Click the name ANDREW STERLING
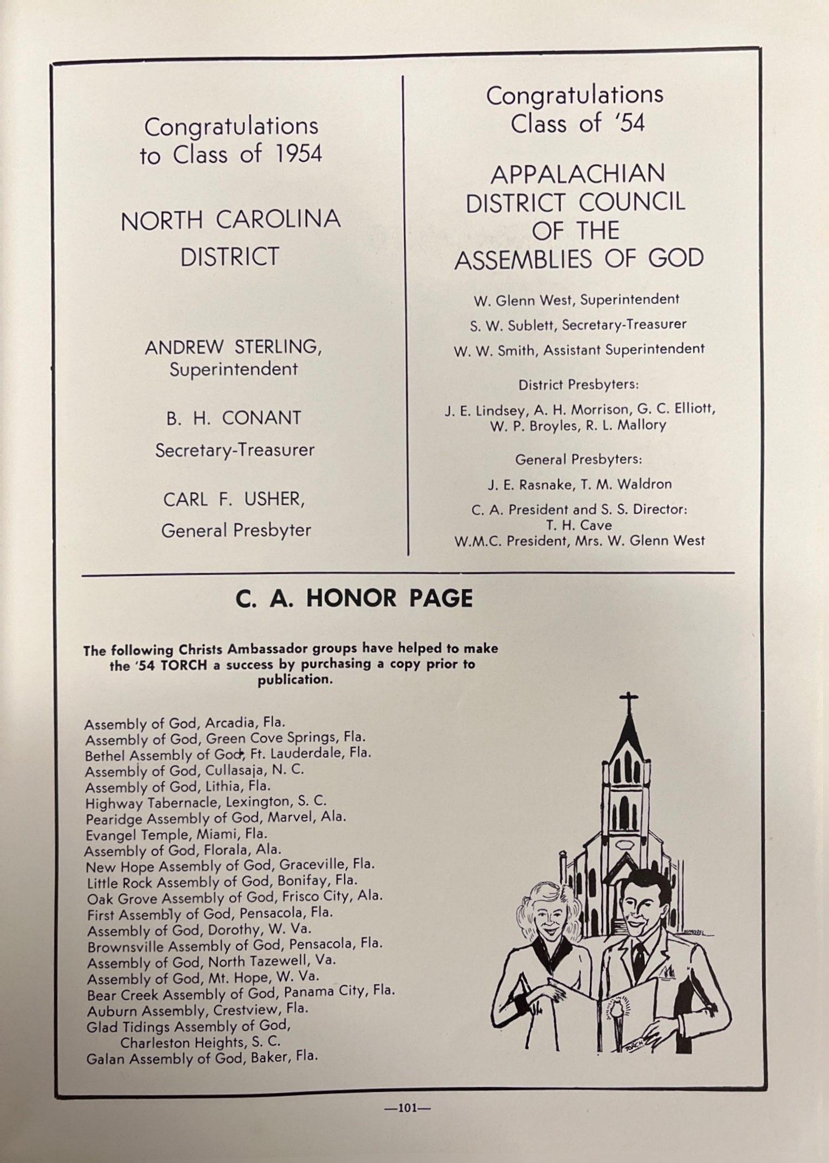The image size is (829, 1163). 233,347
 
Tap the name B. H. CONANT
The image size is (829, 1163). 234,418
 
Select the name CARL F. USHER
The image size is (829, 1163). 234,499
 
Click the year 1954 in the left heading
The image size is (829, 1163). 298,155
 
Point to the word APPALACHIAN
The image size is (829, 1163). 578,174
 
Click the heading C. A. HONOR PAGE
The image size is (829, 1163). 354,598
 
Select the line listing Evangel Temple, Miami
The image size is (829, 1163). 176,834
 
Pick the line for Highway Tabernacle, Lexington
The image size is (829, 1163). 206,802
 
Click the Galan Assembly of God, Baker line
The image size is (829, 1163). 202,1057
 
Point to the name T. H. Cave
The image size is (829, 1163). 579,525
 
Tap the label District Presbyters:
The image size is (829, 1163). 578,385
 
